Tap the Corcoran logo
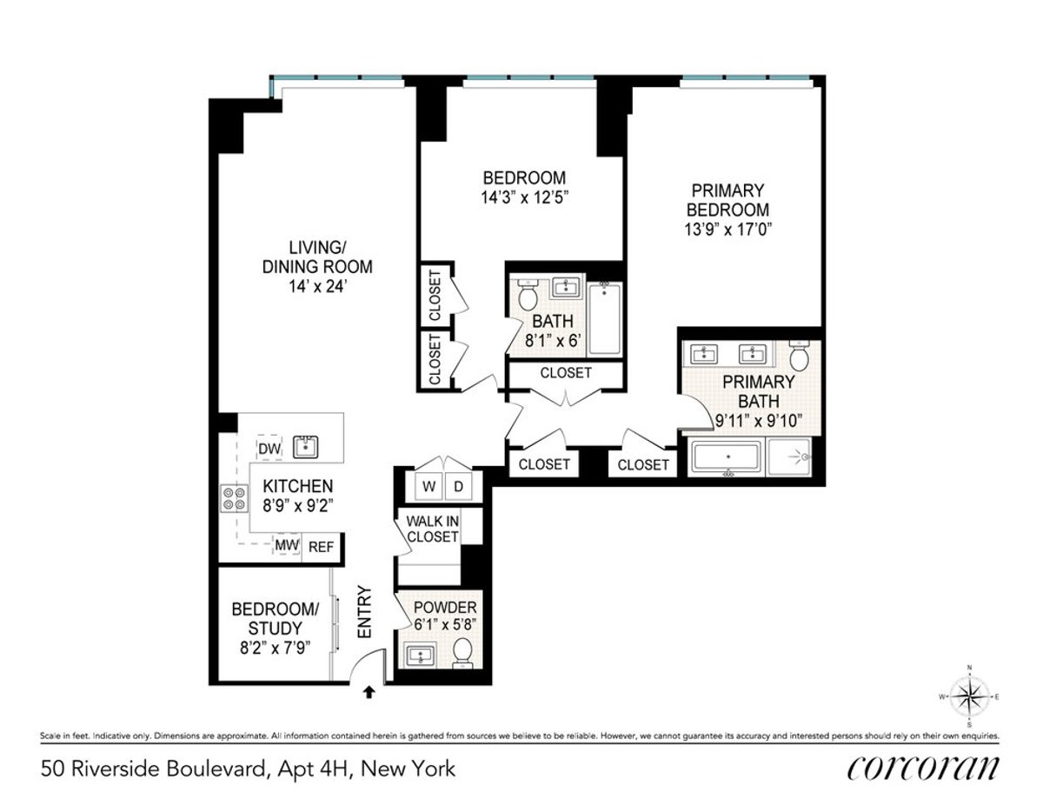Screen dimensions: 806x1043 (922, 768)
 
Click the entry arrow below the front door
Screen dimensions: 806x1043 (369, 692)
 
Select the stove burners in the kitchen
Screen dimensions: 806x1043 (234, 497)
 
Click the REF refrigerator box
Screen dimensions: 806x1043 (322, 547)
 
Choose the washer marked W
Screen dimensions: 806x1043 (428, 487)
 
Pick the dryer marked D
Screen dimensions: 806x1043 (459, 487)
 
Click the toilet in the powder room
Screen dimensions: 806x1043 (462, 652)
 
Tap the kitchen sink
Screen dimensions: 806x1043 (305, 447)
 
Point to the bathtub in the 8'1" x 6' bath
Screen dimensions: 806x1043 (605, 318)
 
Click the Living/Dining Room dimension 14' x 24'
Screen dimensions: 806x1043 (317, 286)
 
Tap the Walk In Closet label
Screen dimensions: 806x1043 (428, 529)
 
